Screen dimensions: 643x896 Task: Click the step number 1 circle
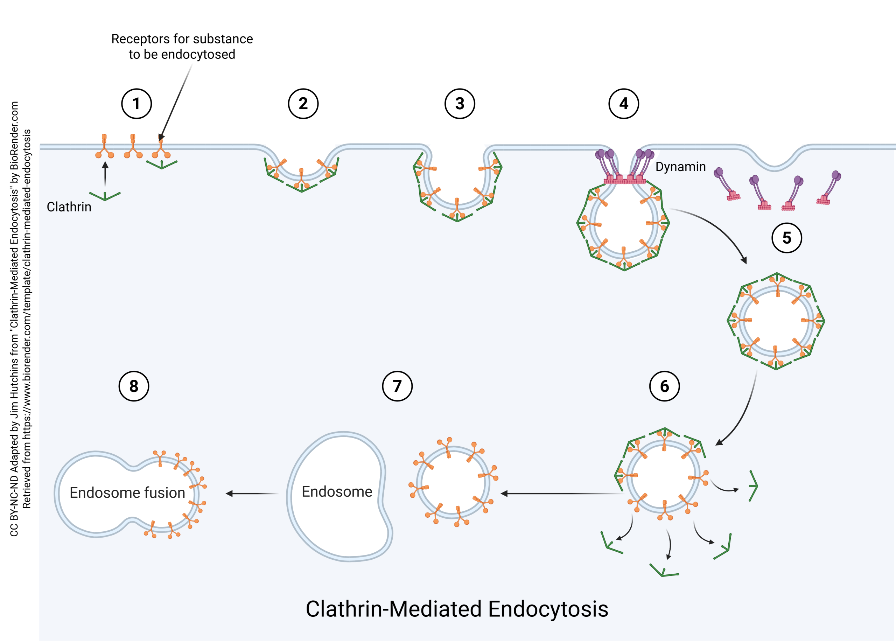tap(136, 104)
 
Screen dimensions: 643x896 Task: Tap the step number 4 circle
tap(623, 104)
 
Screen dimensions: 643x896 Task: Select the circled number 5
tap(786, 238)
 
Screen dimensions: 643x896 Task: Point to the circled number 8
tap(134, 386)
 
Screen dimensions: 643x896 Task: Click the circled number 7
tap(397, 386)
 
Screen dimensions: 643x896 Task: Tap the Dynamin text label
tap(680, 167)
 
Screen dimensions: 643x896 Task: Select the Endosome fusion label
tap(127, 492)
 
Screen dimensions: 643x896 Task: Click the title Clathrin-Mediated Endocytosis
tap(457, 609)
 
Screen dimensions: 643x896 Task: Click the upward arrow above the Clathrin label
tap(105, 174)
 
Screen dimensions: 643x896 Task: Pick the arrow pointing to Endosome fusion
tap(252, 493)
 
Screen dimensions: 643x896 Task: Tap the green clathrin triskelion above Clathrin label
tap(105, 196)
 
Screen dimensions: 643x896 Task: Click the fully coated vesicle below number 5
tap(776, 321)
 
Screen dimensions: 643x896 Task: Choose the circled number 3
tap(460, 104)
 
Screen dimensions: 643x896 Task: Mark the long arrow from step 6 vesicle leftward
tap(561, 493)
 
